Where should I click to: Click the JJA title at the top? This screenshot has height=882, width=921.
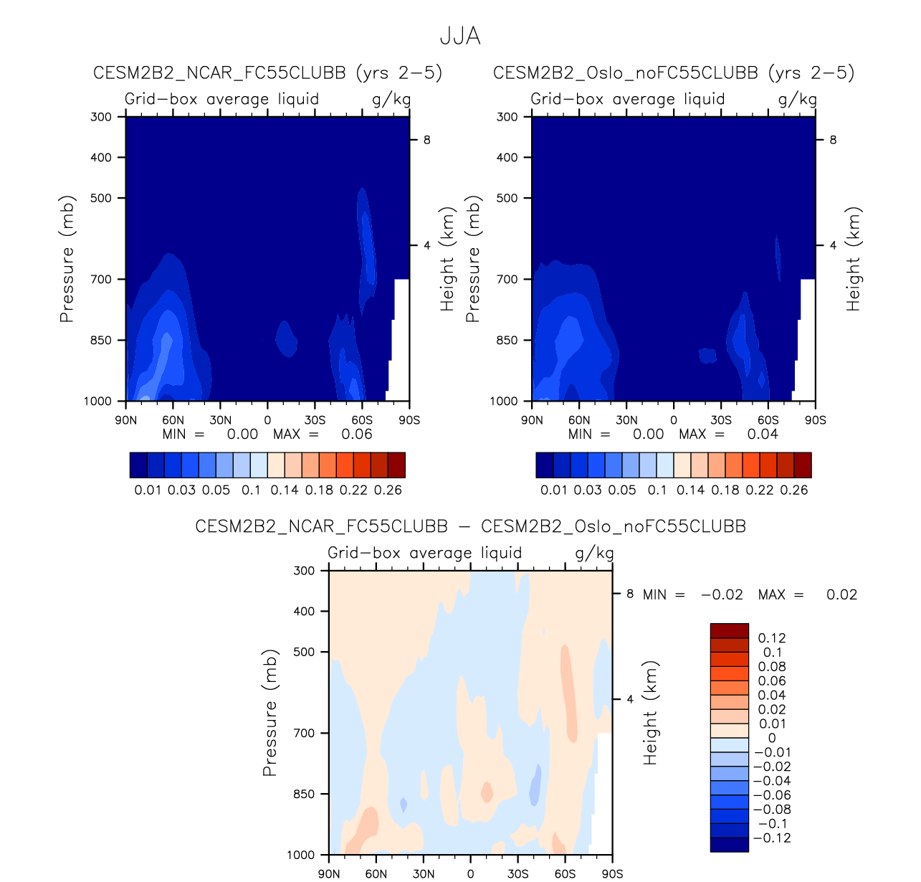459,36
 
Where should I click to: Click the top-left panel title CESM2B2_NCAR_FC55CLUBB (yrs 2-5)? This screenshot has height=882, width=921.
267,73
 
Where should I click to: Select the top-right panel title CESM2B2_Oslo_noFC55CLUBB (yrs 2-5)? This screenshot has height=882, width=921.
674,73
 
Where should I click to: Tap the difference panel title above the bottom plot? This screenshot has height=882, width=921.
470,526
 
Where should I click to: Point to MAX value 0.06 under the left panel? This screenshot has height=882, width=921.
357,434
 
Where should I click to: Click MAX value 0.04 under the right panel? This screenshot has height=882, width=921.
763,434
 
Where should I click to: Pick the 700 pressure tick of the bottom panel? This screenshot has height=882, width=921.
305,733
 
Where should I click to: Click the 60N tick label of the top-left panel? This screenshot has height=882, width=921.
173,420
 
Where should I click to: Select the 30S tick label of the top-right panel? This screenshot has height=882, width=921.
721,420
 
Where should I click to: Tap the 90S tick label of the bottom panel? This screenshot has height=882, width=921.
612,873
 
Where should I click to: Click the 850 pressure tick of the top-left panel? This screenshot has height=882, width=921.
101,340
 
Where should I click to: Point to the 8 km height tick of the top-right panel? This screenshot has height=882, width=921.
833,140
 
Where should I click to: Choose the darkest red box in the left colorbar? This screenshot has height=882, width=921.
396,465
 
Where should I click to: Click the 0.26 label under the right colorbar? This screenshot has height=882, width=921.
794,490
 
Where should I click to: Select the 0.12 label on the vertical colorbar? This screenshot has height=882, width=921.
772,638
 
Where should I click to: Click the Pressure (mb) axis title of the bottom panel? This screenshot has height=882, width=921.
269,713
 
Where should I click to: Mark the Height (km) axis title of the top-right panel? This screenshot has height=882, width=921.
853,260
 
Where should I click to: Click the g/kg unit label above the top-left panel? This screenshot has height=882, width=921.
391,99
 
